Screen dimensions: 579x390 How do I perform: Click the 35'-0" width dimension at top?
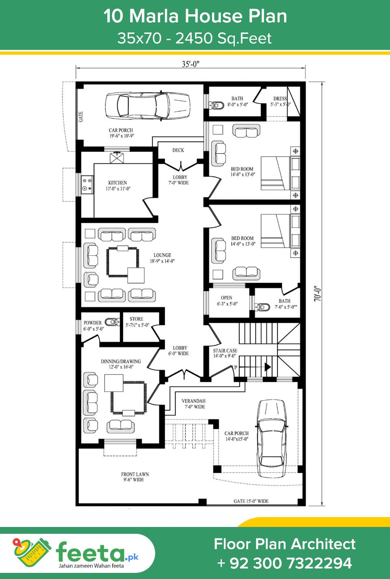click(191, 64)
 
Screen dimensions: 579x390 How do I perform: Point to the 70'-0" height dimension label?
click(318, 293)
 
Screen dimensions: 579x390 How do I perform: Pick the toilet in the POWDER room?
click(111, 322)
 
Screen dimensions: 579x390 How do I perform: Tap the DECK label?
click(178, 150)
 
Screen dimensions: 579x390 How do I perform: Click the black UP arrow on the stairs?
click(267, 367)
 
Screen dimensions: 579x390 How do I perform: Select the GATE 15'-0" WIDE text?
click(251, 501)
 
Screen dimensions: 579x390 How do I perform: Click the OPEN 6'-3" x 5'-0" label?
click(227, 300)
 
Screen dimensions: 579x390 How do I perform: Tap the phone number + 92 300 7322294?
click(284, 563)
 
